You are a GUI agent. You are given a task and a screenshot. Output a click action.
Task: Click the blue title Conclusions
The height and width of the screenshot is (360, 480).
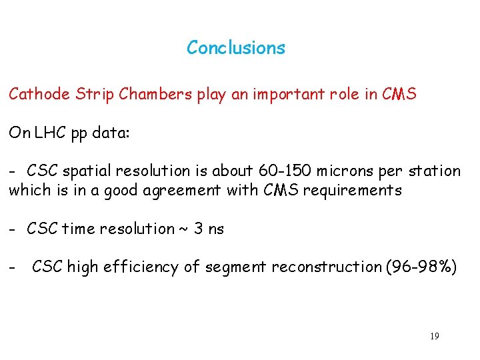pyautogui.click(x=236, y=48)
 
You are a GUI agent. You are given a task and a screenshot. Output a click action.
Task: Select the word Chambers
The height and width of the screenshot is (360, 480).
pyautogui.click(x=155, y=94)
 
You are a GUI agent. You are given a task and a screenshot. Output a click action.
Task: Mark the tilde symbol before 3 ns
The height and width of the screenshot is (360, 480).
pyautogui.click(x=182, y=229)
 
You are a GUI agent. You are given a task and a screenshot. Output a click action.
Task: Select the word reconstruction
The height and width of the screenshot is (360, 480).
pyautogui.click(x=319, y=267)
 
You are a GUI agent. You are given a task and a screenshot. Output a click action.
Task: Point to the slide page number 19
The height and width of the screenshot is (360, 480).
pyautogui.click(x=434, y=336)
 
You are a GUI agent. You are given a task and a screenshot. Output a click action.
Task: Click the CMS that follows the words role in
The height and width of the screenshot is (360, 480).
pyautogui.click(x=399, y=94)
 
